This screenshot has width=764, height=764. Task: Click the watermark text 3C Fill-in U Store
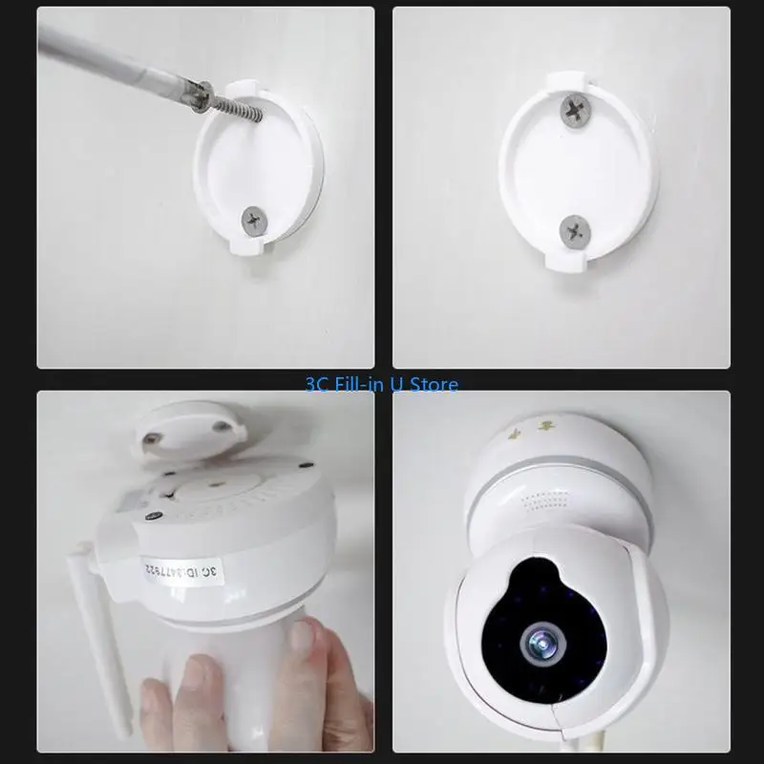[381, 385]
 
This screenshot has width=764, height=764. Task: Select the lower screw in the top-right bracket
[574, 230]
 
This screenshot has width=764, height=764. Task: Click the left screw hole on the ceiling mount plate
[151, 439]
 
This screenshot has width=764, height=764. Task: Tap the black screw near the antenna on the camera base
[151, 517]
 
